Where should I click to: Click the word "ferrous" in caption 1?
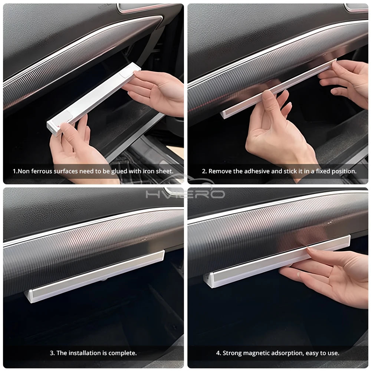pos(43,171)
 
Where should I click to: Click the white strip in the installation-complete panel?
pos(95,276)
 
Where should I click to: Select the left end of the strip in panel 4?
pos(208,281)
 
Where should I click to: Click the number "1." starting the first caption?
pos(15,171)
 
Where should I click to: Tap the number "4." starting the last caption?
pos(219,353)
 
